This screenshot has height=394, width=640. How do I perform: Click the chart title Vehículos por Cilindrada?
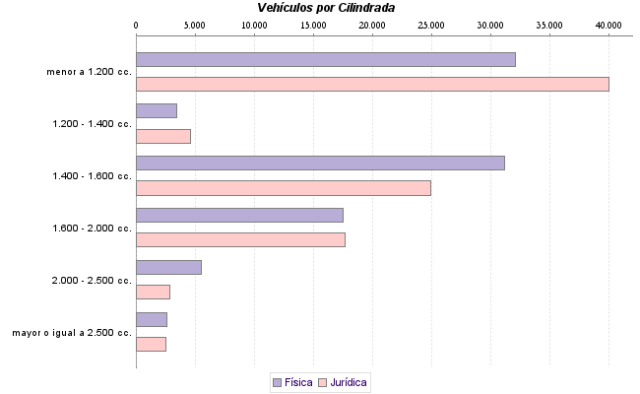click(325, 8)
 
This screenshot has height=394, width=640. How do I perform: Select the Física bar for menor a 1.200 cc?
click(325, 59)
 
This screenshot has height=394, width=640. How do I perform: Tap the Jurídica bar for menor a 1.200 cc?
click(372, 84)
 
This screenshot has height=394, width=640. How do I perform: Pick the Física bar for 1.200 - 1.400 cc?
click(156, 111)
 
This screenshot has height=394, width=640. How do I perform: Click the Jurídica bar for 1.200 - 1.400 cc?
click(162, 136)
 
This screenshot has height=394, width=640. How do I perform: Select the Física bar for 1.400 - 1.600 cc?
click(320, 163)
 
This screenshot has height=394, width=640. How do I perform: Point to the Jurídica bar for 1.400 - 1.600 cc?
click(283, 188)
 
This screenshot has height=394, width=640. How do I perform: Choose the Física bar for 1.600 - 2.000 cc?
click(239, 215)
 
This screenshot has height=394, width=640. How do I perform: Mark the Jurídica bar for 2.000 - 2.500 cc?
click(153, 292)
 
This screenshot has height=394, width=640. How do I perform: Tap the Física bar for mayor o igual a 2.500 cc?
click(151, 319)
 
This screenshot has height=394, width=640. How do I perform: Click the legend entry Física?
click(291, 382)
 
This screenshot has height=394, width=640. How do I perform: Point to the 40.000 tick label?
click(608, 24)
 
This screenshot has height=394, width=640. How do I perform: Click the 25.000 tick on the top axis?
click(431, 24)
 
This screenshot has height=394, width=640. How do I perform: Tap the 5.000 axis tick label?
click(195, 24)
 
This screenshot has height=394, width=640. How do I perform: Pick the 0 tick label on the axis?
click(136, 24)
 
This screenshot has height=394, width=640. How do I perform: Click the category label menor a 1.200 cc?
click(89, 72)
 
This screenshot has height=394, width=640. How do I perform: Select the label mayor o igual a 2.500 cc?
click(72, 333)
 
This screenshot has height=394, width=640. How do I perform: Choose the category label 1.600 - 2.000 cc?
click(92, 229)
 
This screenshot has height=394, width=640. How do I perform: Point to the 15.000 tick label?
click(313, 24)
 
